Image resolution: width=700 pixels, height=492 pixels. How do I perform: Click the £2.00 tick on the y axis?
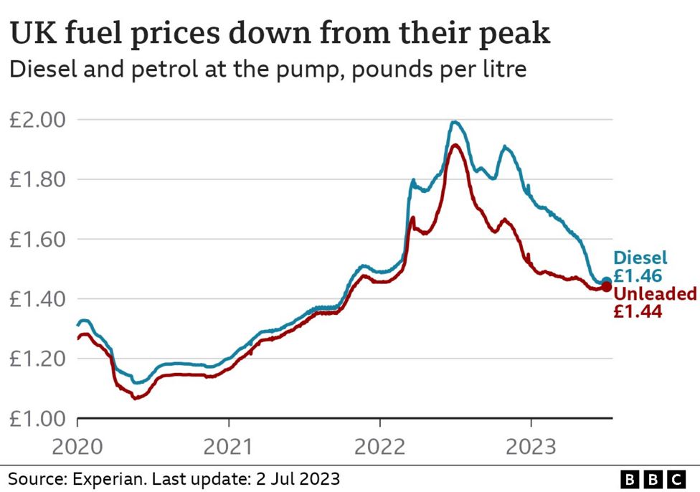[37, 120]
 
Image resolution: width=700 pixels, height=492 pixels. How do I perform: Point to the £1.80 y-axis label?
[37, 179]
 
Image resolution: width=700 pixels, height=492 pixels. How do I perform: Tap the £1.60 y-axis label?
[37, 239]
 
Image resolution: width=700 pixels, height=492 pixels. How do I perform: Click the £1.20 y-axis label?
[37, 359]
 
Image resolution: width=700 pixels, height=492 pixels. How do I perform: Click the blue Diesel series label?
[640, 258]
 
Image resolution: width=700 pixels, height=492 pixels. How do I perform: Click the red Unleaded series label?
[655, 294]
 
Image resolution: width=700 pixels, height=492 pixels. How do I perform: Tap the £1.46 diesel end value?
[637, 275]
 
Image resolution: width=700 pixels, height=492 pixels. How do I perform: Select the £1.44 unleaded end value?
[637, 311]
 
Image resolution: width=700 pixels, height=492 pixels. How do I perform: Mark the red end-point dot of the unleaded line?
[606, 287]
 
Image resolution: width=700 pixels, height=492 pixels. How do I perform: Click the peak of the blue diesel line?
[453, 122]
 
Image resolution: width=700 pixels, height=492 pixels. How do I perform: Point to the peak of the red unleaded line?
[455, 146]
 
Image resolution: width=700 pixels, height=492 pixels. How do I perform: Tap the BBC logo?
[653, 479]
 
